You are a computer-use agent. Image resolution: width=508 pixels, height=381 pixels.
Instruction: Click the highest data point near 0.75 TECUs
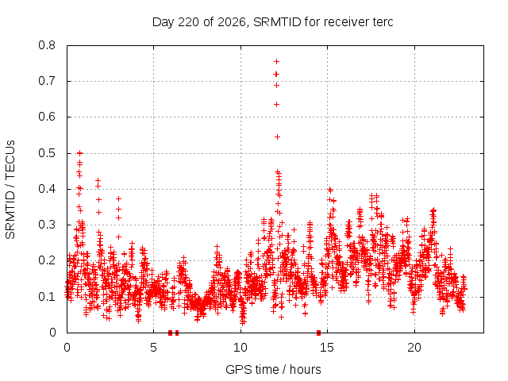pos(276,62)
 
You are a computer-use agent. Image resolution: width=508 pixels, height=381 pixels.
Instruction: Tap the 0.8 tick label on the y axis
pos(47,45)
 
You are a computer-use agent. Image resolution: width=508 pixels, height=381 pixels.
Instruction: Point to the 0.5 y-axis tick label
pos(47,153)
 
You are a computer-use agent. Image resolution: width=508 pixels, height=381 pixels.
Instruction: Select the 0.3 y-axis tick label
pos(47,225)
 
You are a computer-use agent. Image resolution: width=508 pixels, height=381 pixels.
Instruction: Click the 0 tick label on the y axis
pos(52,333)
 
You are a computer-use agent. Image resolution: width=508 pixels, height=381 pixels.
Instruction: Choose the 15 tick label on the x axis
pos(327,348)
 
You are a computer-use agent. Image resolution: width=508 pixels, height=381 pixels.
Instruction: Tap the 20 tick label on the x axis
pos(414,348)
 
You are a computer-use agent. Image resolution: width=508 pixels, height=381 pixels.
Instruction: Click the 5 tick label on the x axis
pos(153,348)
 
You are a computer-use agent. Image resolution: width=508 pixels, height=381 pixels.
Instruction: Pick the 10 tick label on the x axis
pos(241,348)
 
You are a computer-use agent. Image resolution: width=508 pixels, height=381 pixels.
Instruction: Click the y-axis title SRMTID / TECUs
pos(10,190)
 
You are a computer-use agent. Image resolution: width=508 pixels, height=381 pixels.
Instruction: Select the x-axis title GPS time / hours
pos(273,369)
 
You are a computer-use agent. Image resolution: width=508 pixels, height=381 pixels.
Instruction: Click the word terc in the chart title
pos(383,22)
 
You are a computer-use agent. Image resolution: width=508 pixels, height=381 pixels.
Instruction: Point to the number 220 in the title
pos(189,22)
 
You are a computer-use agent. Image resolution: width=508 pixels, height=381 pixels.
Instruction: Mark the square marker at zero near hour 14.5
pos(318,333)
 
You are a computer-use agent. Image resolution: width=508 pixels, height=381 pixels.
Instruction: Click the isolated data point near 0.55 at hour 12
pos(277,137)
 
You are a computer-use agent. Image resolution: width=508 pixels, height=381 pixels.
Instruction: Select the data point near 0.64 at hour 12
pos(276,104)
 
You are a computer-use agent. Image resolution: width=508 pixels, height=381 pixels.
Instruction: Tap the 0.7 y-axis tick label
pos(47,81)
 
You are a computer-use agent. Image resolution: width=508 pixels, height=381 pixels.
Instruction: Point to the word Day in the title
pos(164,22)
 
